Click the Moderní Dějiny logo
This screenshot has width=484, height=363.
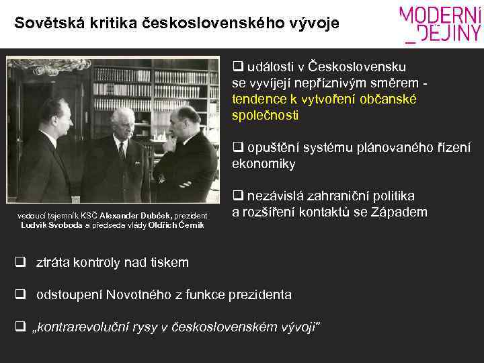click(x=441, y=24)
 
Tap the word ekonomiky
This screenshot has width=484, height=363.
click(x=264, y=164)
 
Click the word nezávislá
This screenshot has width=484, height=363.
click(x=278, y=196)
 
